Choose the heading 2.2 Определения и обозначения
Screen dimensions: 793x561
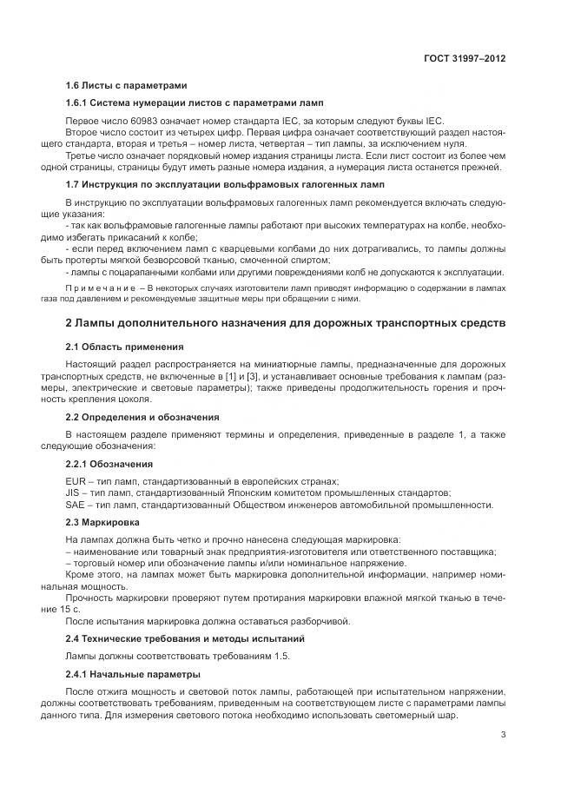(x=142, y=417)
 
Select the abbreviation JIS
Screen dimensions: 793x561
(x=74, y=492)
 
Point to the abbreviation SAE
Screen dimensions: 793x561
(x=76, y=505)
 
